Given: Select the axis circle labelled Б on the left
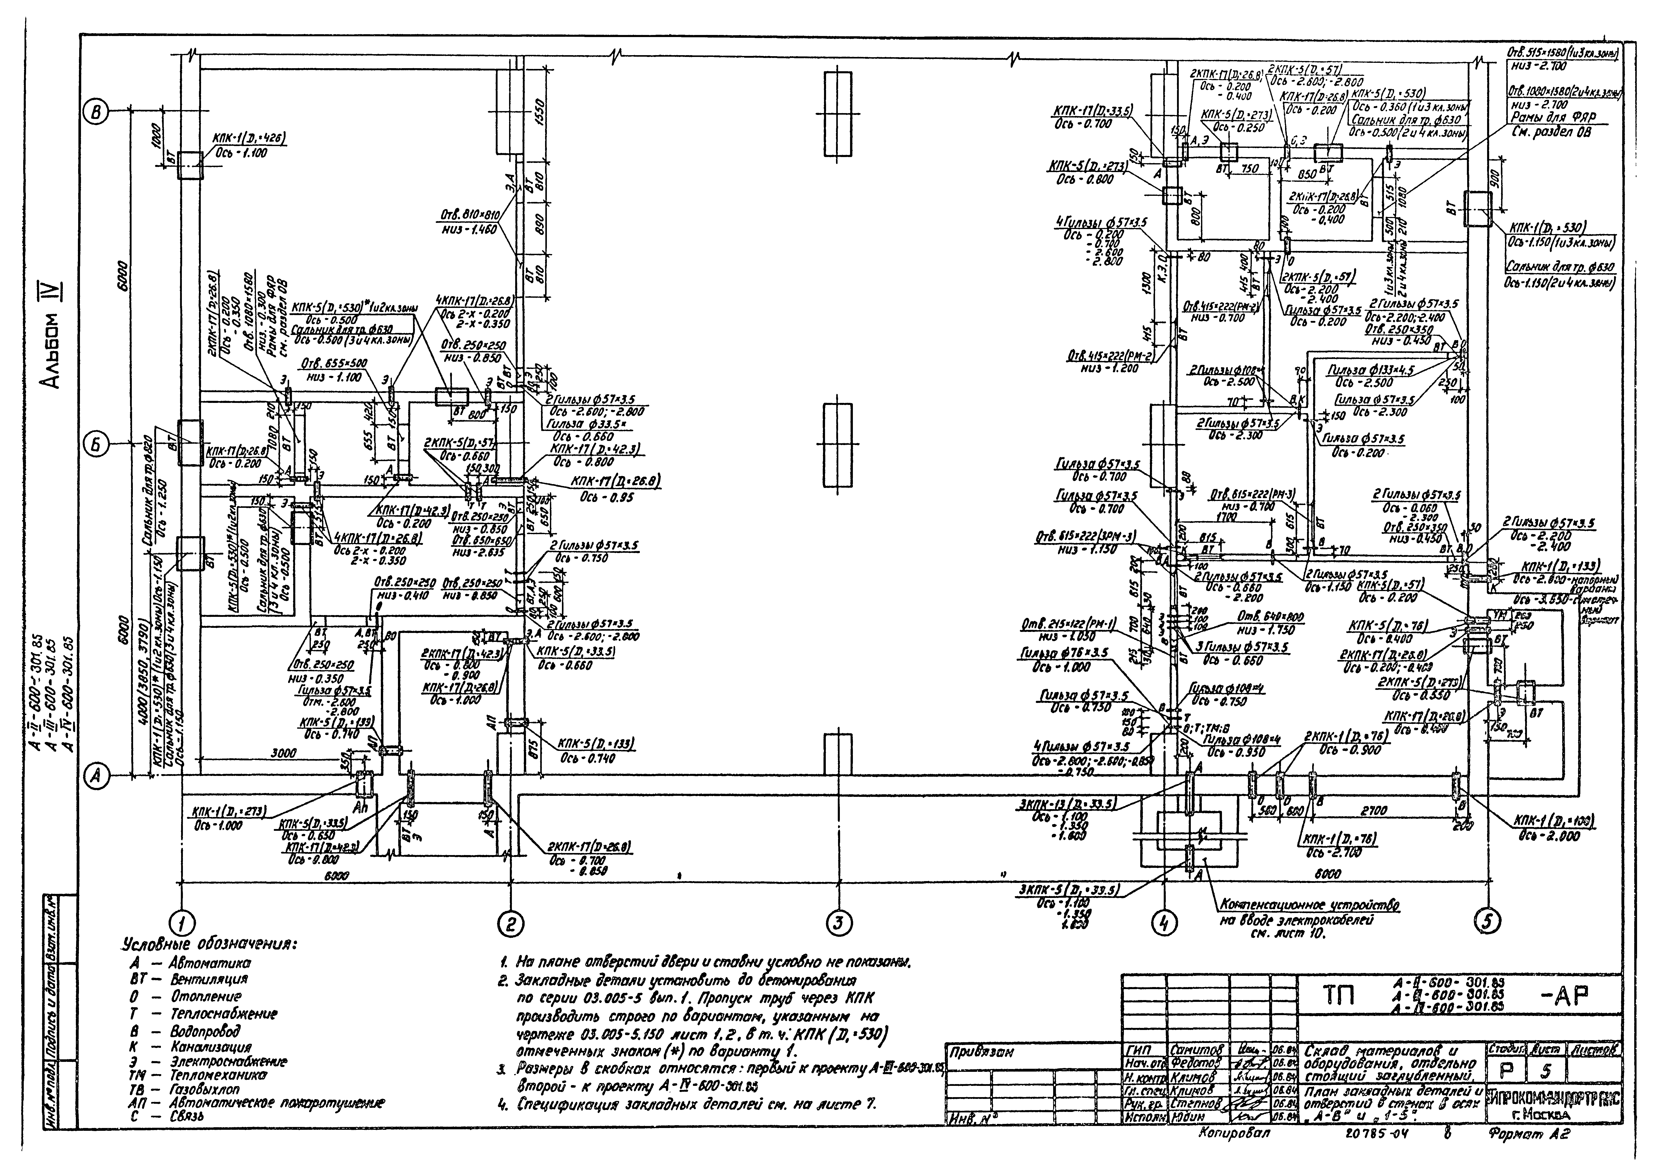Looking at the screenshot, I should pos(96,445).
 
